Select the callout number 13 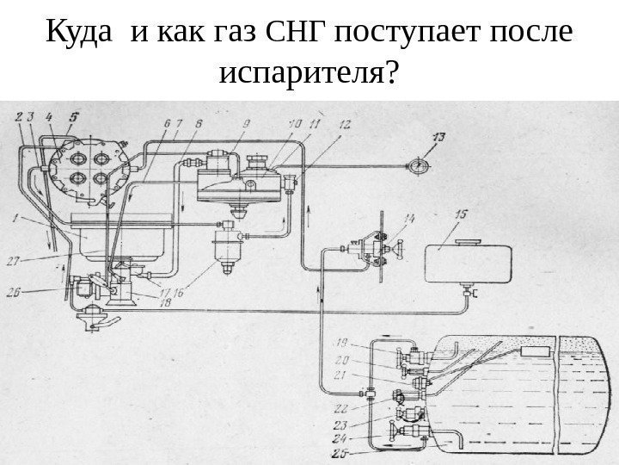pos(439,137)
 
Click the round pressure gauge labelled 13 pos(419,164)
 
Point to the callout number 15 pos(461,214)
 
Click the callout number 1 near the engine pos(16,219)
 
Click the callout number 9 pos(246,125)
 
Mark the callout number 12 pos(344,125)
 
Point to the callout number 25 pos(340,452)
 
